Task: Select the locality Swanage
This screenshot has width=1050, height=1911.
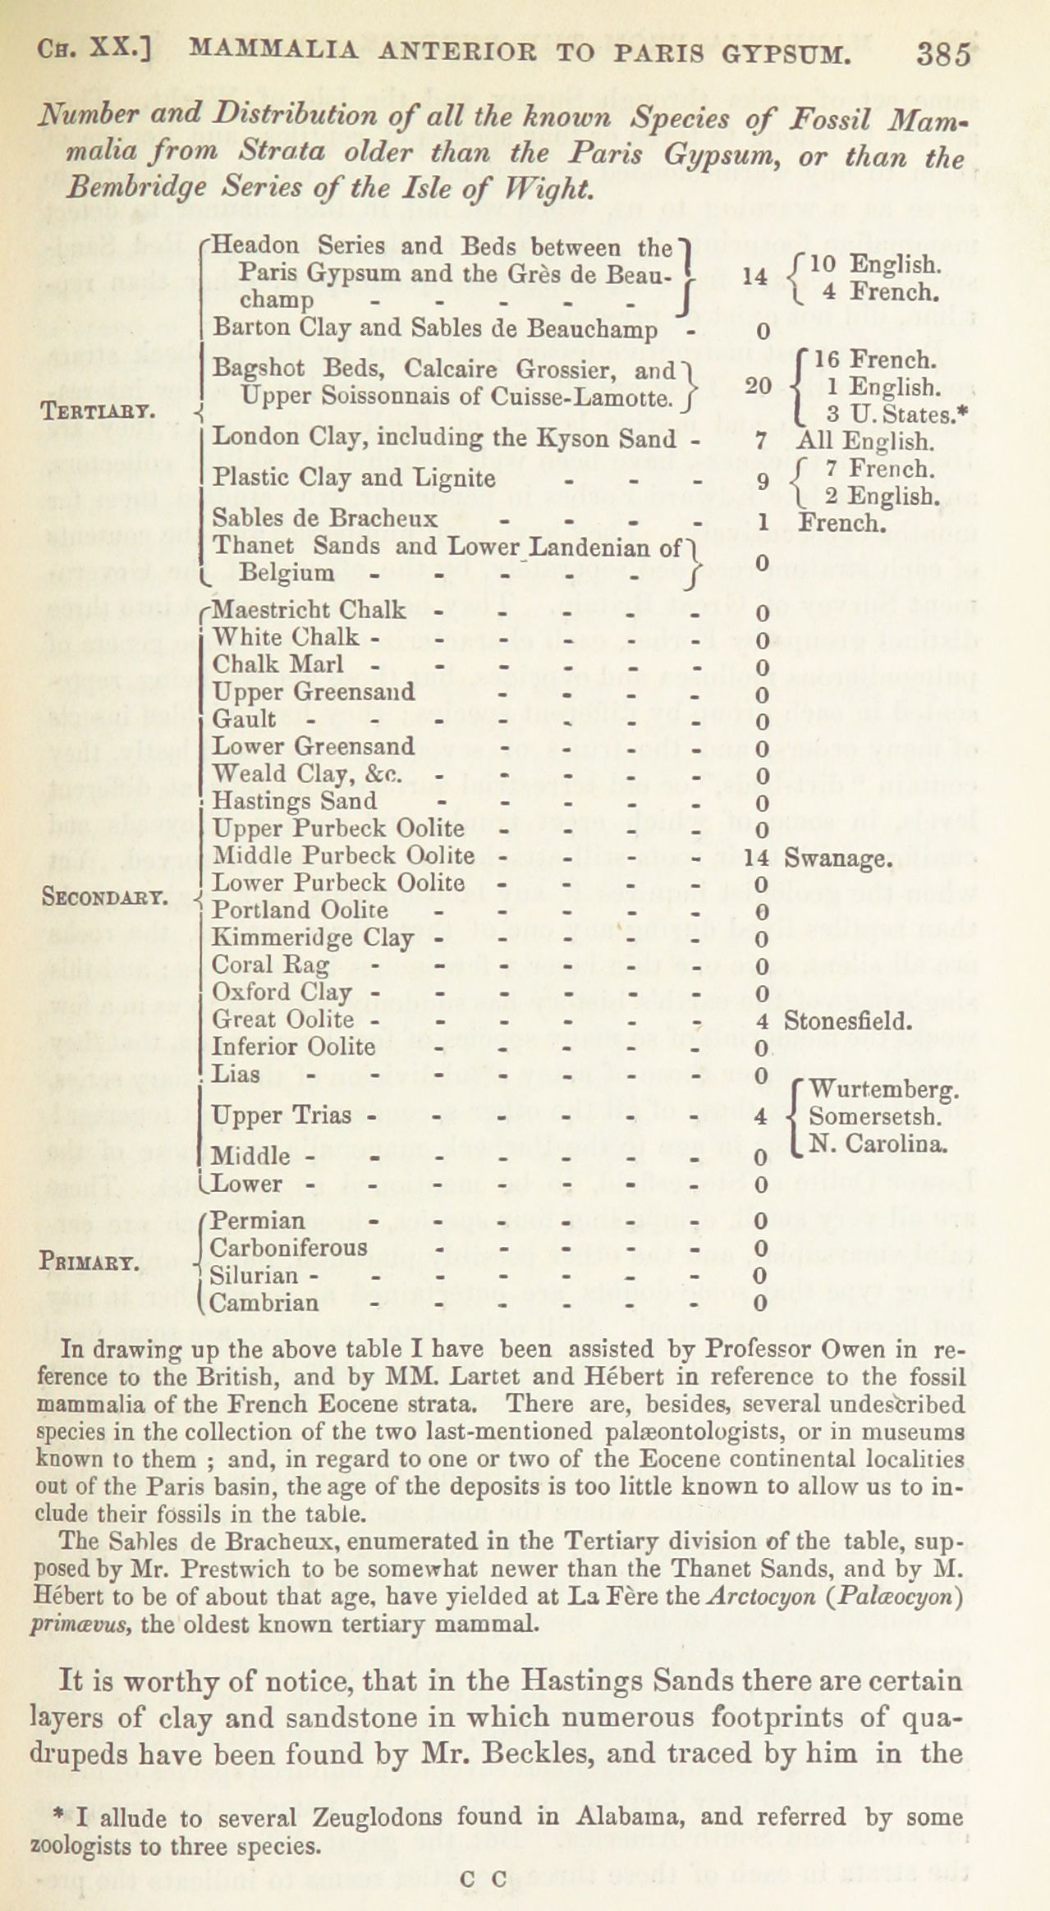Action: pyautogui.click(x=838, y=859)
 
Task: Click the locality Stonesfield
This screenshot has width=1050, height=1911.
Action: pyautogui.click(x=848, y=1021)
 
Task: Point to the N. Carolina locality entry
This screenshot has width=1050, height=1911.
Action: pyautogui.click(x=879, y=1143)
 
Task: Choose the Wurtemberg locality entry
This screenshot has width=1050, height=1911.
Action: pyautogui.click(x=883, y=1090)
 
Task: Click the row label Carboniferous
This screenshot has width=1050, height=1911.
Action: pyautogui.click(x=289, y=1248)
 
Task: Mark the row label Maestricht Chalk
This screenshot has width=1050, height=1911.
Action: pyautogui.click(x=309, y=610)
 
